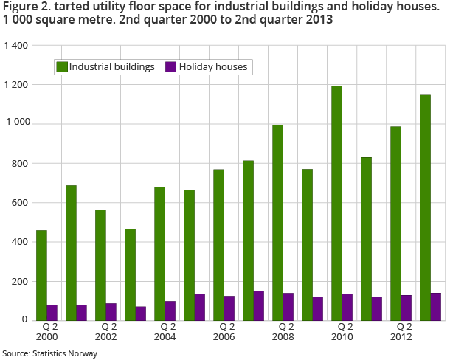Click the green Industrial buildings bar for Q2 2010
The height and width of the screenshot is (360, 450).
pyautogui.click(x=336, y=203)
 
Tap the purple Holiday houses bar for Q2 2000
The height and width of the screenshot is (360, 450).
pyautogui.click(x=52, y=312)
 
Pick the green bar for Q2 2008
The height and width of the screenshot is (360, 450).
pyautogui.click(x=277, y=222)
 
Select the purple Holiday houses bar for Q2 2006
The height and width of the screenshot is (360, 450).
pyautogui.click(x=229, y=308)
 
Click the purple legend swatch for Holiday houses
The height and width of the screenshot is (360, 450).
pyautogui.click(x=170, y=66)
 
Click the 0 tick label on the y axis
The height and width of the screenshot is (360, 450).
pyautogui.click(x=25, y=320)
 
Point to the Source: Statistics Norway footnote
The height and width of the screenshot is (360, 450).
pyautogui.click(x=50, y=353)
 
